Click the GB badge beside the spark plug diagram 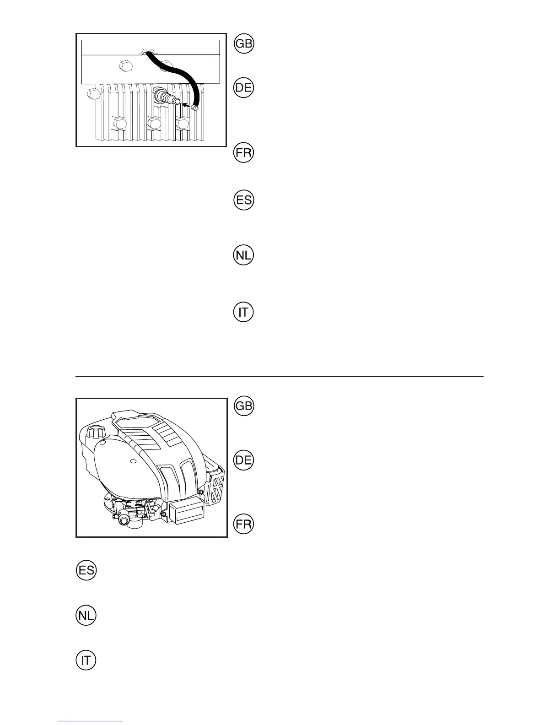coord(243,44)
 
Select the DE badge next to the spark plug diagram coord(243,87)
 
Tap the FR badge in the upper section coord(243,152)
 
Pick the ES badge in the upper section coord(243,200)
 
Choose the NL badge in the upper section coord(243,255)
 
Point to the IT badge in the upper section coord(243,312)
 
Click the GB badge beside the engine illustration coord(243,406)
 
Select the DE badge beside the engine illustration coord(243,460)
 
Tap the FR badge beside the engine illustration coord(243,524)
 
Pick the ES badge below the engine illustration coord(86,570)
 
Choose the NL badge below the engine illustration coord(86,616)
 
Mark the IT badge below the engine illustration coord(86,660)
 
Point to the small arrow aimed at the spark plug coord(186,105)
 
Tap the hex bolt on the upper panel coord(125,66)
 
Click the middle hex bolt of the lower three coord(153,124)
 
